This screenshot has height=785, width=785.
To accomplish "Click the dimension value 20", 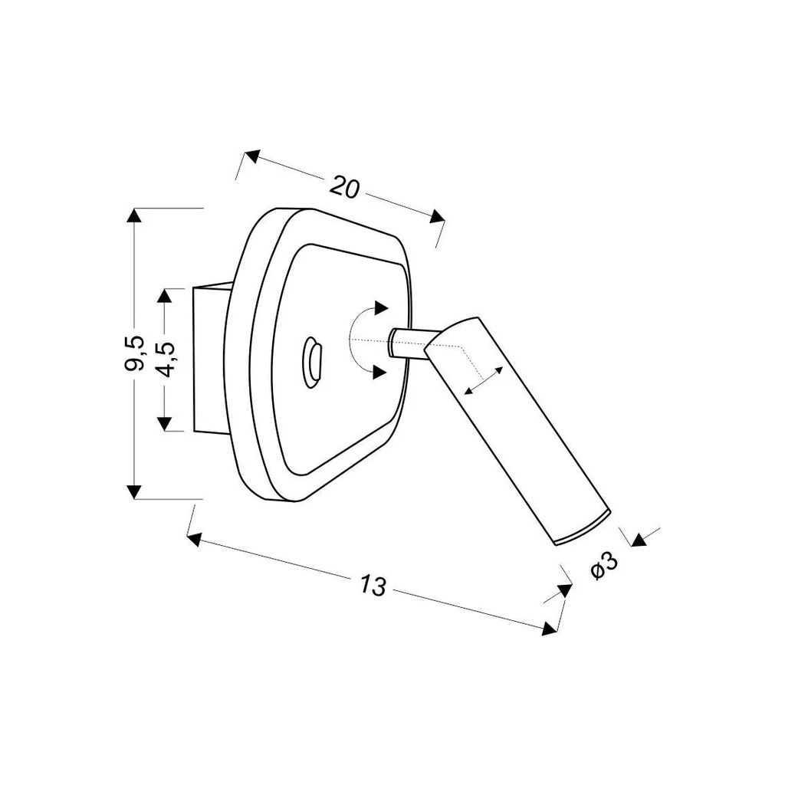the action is [x=344, y=187].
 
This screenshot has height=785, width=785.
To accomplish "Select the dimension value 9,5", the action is [x=134, y=353].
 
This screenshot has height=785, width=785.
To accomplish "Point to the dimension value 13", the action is [x=373, y=585].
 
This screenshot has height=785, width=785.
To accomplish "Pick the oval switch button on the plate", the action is [x=313, y=362].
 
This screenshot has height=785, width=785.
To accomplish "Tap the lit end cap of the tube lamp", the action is [x=583, y=527].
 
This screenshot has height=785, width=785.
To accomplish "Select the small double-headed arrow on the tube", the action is [x=483, y=380].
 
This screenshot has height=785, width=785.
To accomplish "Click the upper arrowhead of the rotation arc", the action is [x=382, y=308].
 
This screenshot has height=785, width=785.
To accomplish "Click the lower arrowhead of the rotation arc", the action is [x=381, y=372].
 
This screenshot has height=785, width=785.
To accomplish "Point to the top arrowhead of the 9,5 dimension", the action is [x=133, y=215].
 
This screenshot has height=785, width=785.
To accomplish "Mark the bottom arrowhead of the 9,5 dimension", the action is [x=133, y=491].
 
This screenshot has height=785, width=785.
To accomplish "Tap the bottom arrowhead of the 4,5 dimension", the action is [x=164, y=424].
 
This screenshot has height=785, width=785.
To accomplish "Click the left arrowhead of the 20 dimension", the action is [x=252, y=156].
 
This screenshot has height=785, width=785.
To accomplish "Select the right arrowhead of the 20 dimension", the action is [x=437, y=215].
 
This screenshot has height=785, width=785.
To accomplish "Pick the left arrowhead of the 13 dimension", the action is [x=195, y=540].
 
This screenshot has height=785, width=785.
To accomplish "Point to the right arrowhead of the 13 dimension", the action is [x=550, y=629].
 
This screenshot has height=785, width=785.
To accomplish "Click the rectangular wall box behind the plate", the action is [x=212, y=360].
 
